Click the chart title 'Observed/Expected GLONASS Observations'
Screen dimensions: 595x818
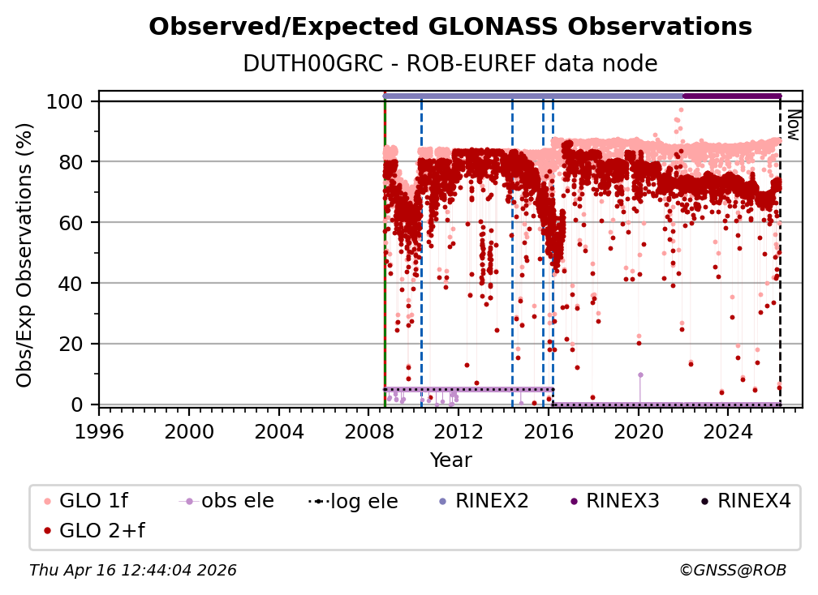450,27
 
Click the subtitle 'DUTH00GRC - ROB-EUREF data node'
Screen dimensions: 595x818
450,63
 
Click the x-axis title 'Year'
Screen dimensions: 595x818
450,460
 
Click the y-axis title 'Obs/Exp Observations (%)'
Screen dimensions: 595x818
25,255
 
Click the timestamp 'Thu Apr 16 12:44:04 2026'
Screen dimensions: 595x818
133,571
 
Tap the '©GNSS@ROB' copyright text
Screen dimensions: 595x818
733,571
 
